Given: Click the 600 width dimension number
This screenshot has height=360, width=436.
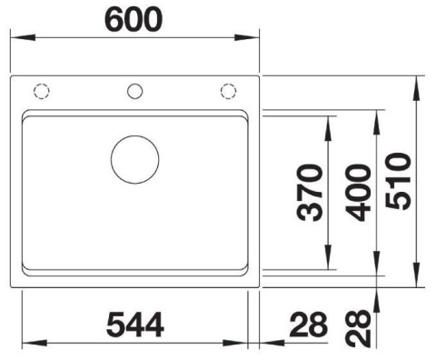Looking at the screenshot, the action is [x=134, y=19].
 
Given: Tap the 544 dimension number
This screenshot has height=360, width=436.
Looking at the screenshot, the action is [x=135, y=325].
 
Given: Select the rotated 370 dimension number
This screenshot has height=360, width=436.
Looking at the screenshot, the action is [x=309, y=193].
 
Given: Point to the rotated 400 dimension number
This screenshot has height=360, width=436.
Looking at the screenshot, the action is [x=359, y=193].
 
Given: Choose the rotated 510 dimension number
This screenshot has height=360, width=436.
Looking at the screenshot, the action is [x=398, y=181].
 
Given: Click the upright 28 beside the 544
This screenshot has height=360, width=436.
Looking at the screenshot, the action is [x=309, y=325].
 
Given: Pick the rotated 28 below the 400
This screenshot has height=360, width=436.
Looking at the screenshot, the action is [x=359, y=328].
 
